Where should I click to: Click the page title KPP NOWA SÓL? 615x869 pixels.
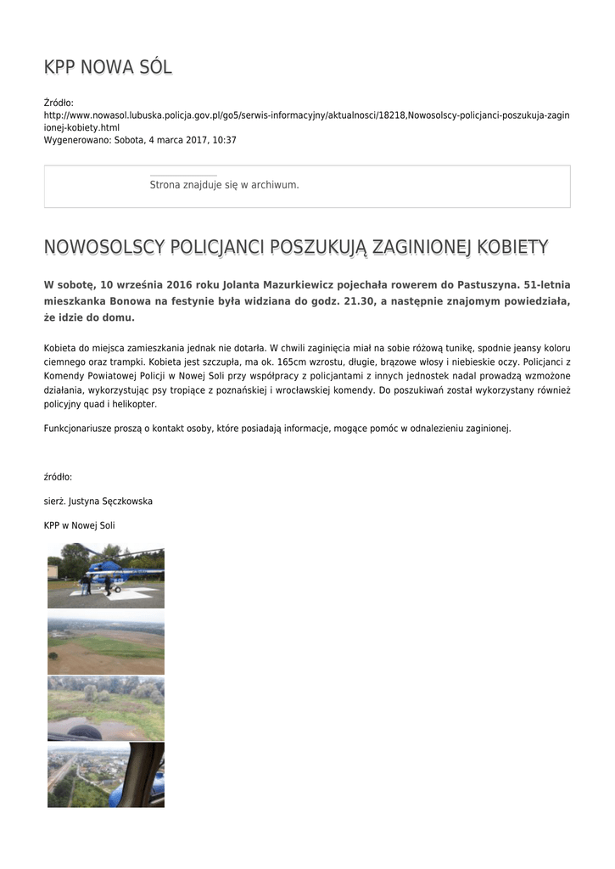pos(108,68)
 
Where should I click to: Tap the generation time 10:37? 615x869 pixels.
pos(225,140)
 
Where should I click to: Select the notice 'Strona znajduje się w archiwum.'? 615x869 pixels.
pos(224,185)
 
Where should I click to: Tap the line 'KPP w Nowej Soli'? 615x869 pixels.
pos(79,525)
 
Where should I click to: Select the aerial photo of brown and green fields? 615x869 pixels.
pos(106,645)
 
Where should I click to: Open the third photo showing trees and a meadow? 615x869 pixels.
pos(106,708)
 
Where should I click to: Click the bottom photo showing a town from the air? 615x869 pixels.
pos(106,775)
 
